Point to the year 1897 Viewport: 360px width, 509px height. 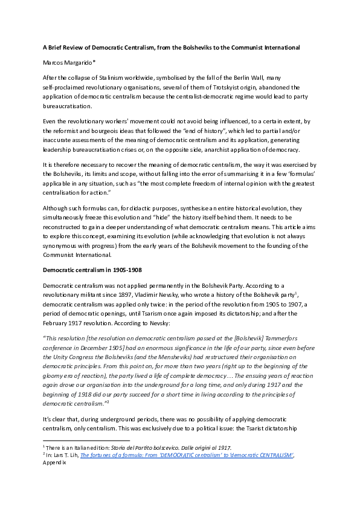124,293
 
